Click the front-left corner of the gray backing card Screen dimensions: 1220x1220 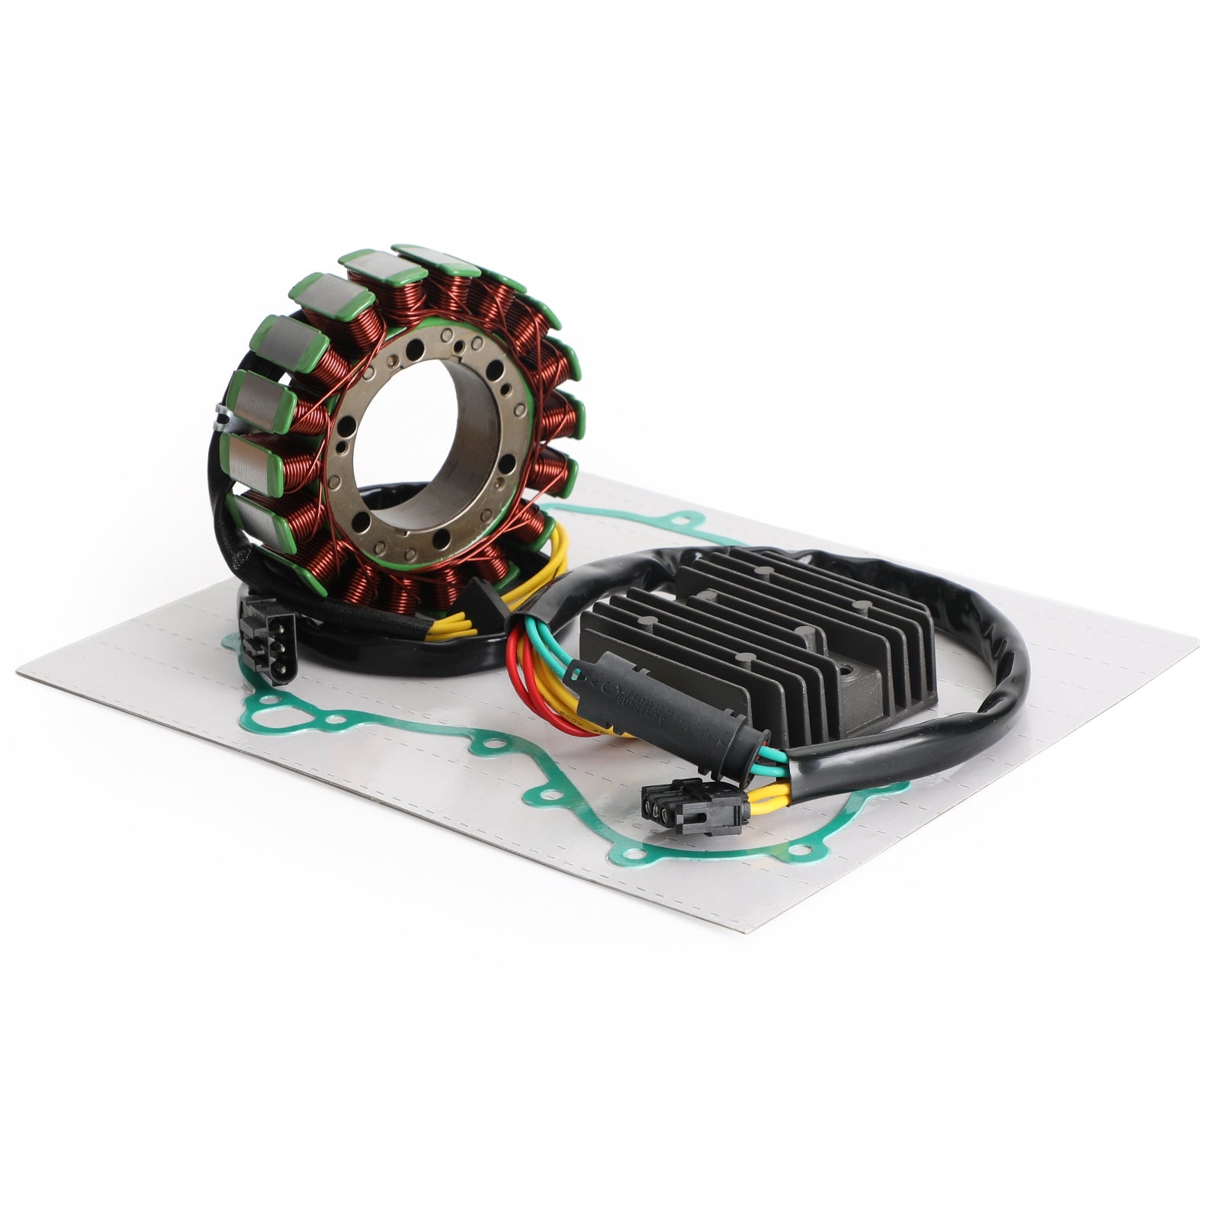(19, 671)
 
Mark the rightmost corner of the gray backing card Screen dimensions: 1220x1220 (1197, 633)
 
